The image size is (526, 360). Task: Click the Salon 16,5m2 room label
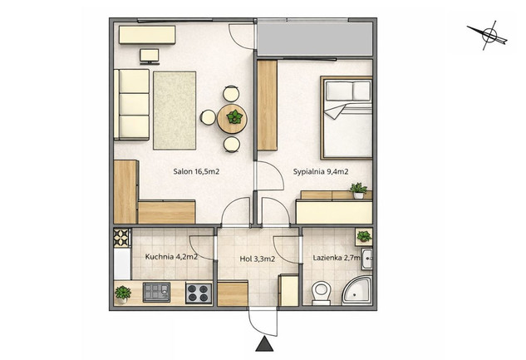click(196, 172)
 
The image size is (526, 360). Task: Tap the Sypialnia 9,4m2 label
click(321, 172)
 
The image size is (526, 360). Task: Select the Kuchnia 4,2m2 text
click(171, 257)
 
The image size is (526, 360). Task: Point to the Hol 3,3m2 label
click(258, 259)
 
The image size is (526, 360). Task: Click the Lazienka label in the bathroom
click(327, 258)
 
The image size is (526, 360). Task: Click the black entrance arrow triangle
click(264, 343)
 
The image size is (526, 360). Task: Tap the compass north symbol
click(489, 35)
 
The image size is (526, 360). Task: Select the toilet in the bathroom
click(321, 293)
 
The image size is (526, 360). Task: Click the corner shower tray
click(357, 290)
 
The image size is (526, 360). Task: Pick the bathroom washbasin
click(366, 259)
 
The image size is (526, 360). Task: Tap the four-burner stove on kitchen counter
click(199, 293)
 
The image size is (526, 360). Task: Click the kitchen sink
click(157, 292)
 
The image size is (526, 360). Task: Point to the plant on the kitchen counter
click(123, 294)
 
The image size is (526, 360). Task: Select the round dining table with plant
click(232, 119)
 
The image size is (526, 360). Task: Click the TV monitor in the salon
click(150, 57)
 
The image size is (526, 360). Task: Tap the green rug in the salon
click(175, 111)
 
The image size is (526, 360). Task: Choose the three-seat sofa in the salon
click(131, 105)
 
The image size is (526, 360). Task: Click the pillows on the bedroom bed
click(348, 91)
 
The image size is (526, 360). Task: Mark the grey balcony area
click(315, 39)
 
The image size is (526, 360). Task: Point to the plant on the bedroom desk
click(359, 190)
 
